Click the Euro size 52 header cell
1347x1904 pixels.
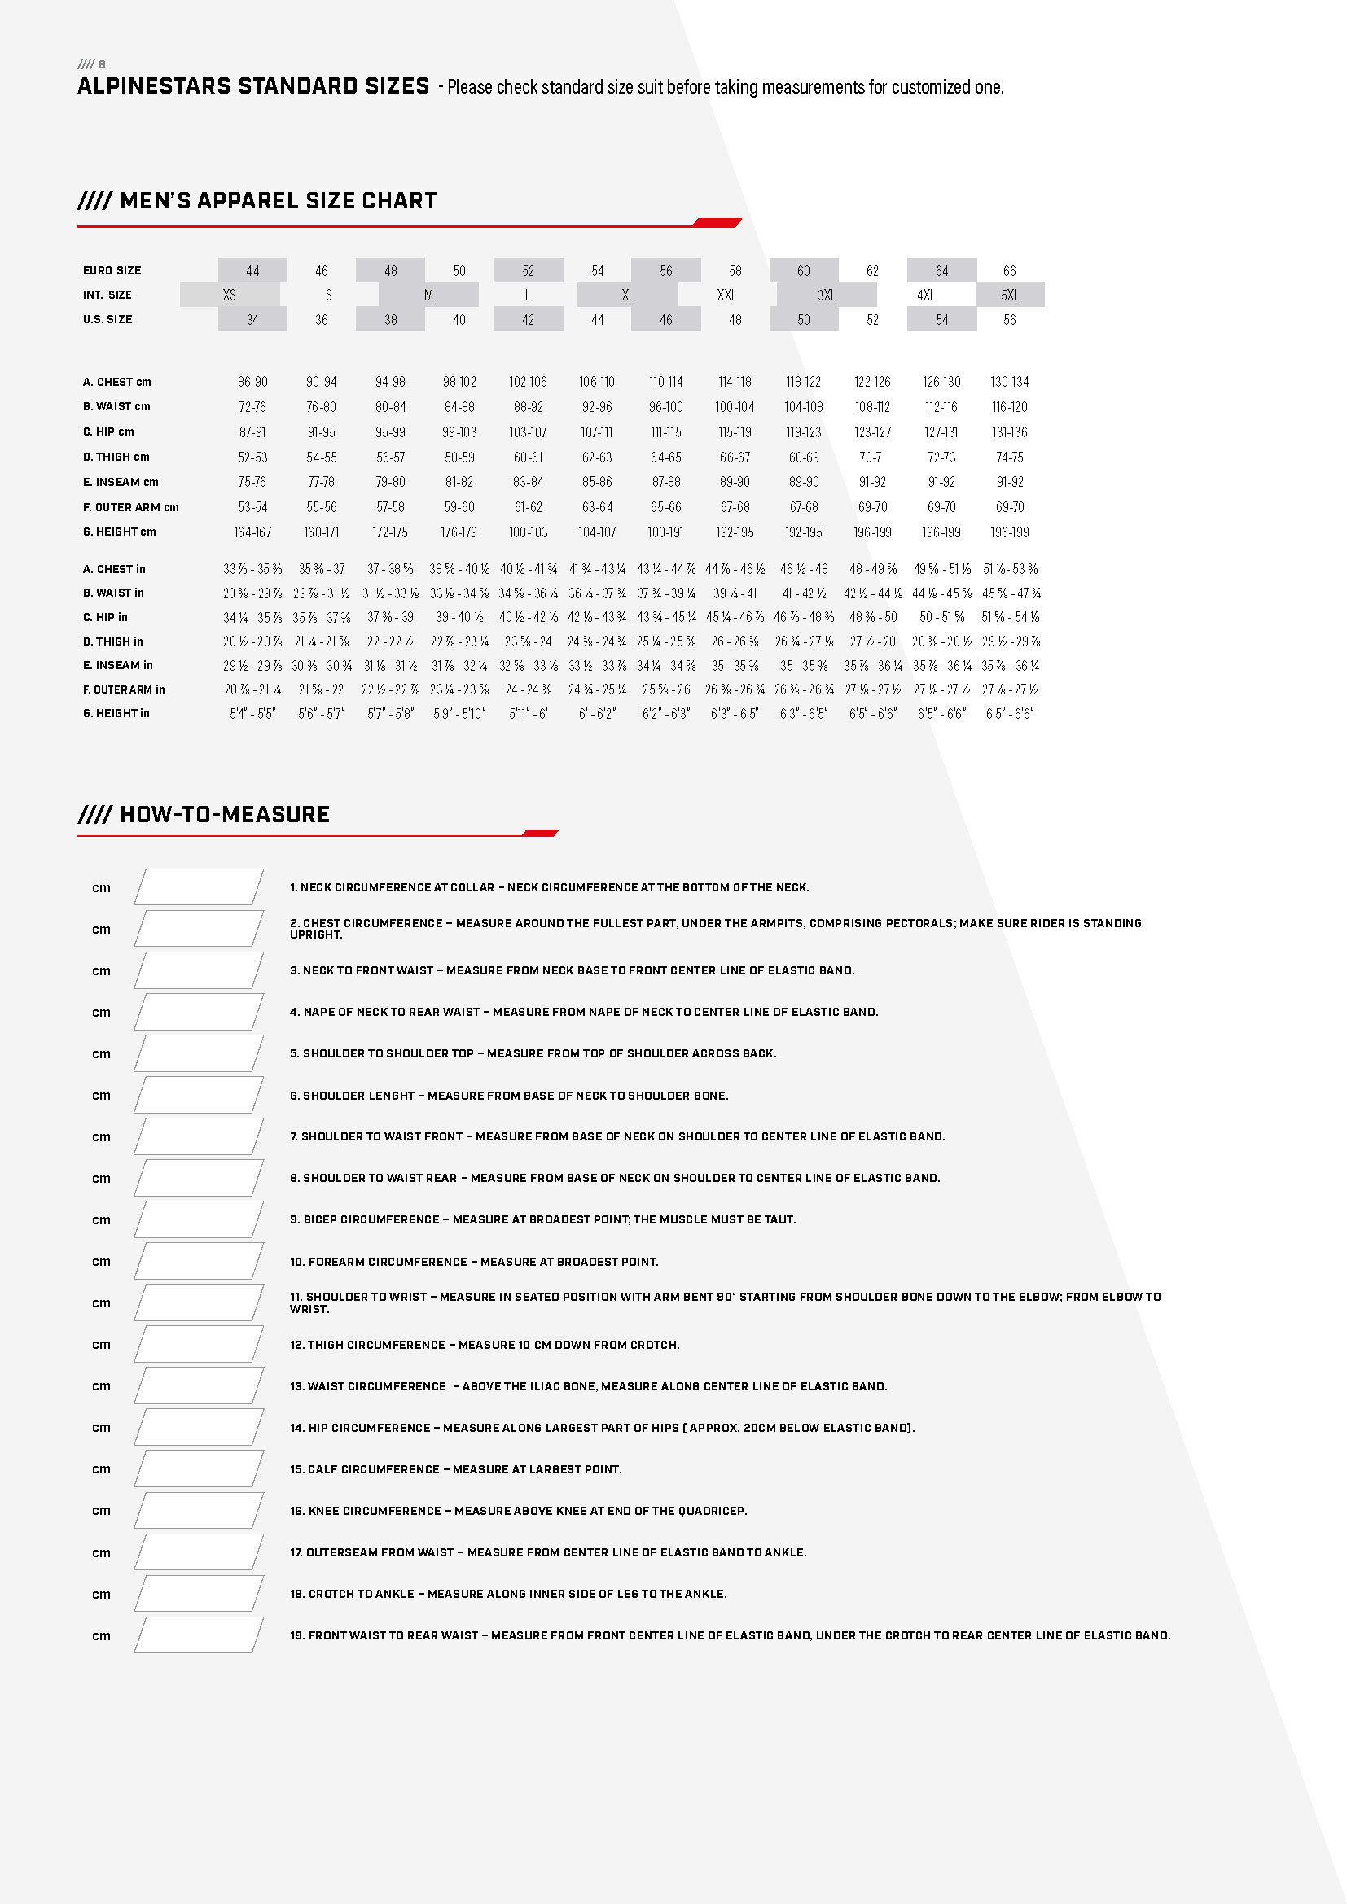(x=529, y=271)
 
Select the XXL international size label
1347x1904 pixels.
(x=726, y=295)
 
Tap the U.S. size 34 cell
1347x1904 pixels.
(x=252, y=320)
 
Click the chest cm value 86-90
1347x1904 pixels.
(x=252, y=383)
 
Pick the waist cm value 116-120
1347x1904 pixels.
(x=1009, y=407)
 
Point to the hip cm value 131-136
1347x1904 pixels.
(x=1009, y=432)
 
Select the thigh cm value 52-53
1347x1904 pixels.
(x=252, y=457)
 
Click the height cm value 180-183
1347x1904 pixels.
(x=529, y=532)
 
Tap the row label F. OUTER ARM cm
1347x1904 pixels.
(x=130, y=507)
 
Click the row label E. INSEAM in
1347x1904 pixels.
(x=118, y=666)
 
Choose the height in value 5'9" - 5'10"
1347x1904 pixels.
(x=459, y=714)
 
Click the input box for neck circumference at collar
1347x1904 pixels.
(x=199, y=887)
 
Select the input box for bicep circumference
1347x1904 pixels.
(x=199, y=1220)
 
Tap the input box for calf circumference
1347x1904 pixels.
(x=199, y=1469)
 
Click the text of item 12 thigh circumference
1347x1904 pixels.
(x=485, y=1345)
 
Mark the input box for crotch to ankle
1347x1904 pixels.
(x=199, y=1594)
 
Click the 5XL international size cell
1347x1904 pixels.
(x=1009, y=295)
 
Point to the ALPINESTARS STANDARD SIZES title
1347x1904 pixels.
(x=253, y=86)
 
